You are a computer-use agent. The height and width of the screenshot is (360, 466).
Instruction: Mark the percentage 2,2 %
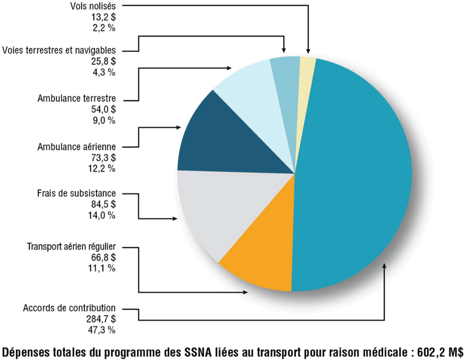pos(103,28)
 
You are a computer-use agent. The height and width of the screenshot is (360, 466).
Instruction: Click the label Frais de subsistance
pos(76,193)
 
